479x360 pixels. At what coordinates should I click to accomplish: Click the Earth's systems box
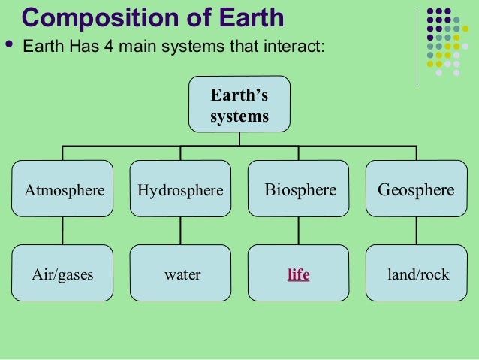239,104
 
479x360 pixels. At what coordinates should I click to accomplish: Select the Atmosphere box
63,189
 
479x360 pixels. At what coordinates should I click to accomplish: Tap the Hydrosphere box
180,189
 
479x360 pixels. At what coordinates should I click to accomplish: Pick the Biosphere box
299,189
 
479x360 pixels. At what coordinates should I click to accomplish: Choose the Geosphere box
416,189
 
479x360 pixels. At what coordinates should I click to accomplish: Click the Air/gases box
63,274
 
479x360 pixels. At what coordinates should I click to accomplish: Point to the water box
180,274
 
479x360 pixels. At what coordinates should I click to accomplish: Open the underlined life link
298,274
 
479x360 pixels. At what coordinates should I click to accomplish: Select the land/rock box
416,274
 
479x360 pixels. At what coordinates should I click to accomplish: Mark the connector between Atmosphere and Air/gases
63,231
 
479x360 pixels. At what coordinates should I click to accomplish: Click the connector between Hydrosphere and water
180,231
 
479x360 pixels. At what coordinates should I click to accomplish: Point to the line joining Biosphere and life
299,231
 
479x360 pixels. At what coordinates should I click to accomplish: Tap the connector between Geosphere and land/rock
416,231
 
